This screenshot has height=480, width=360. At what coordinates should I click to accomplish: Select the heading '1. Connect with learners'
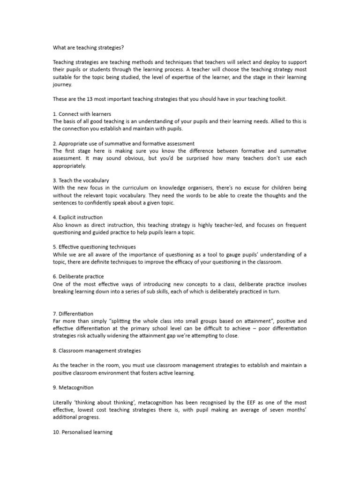(82, 114)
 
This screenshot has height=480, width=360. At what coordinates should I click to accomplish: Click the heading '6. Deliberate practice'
(78, 277)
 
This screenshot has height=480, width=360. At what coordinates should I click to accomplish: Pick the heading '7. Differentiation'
(73, 314)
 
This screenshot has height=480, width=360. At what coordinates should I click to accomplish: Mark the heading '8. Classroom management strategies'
(97, 350)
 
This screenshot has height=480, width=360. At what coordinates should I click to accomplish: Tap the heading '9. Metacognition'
(73, 388)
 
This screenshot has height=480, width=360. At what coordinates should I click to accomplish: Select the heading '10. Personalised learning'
(82, 432)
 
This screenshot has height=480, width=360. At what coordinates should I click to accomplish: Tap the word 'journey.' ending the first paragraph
(61, 85)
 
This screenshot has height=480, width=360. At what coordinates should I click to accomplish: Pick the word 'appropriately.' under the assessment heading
(69, 166)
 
